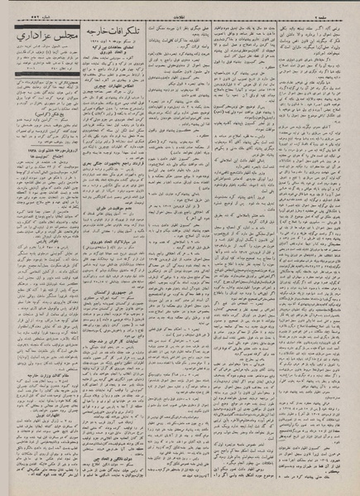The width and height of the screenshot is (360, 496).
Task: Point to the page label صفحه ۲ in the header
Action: pos(342,7)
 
